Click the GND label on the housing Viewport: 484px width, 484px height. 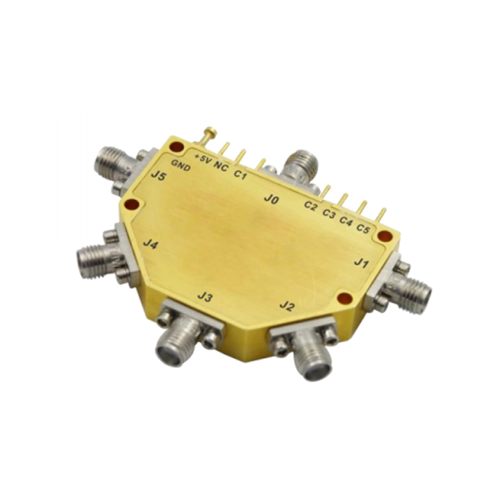181,165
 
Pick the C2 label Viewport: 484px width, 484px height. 311,206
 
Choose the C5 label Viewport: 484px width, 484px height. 363,228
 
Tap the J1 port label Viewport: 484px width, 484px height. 361,264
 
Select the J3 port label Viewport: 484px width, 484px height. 205,297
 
